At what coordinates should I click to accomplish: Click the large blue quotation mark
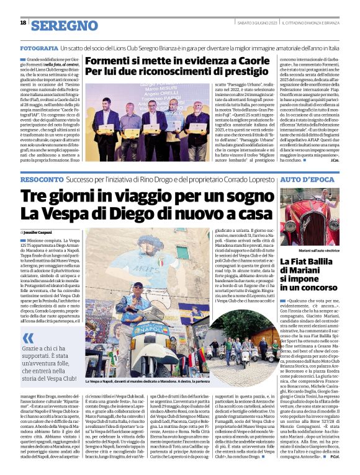pyautogui.click(x=29, y=338)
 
